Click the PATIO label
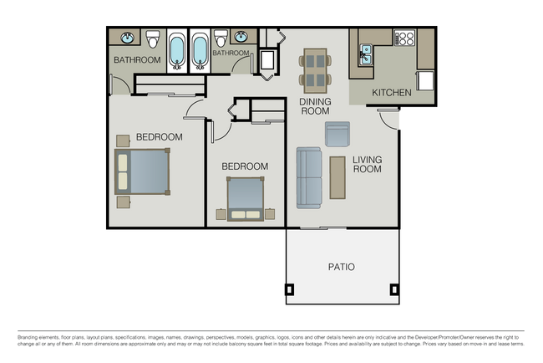(340, 267)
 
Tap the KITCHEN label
(391, 92)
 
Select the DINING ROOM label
(315, 106)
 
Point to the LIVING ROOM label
(367, 164)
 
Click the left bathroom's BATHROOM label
(137, 60)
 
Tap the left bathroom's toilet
(153, 39)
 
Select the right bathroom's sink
(241, 38)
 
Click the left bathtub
(177, 51)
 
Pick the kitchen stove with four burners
(404, 38)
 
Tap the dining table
(315, 69)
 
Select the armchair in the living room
(337, 134)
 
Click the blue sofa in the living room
(308, 177)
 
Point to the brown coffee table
(337, 177)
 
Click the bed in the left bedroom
(143, 171)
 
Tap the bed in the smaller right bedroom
(245, 199)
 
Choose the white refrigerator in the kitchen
(425, 80)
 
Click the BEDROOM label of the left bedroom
(159, 136)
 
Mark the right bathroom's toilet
(221, 39)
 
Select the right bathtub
(200, 51)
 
